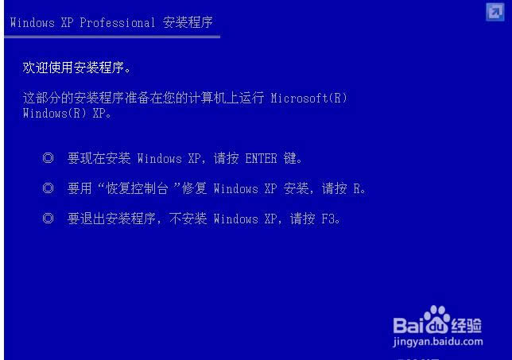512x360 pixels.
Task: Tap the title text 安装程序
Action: click(188, 22)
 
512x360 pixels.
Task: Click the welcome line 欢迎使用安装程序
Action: click(77, 68)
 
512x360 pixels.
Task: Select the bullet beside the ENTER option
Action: click(48, 158)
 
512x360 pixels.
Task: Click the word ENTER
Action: click(261, 158)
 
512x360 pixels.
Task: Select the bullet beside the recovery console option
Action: click(48, 188)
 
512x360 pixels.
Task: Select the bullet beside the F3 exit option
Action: click(48, 219)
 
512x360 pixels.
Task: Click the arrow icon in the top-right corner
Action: click(494, 10)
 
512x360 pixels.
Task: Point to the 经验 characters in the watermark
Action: click(467, 324)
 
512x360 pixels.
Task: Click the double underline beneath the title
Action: click(111, 36)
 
